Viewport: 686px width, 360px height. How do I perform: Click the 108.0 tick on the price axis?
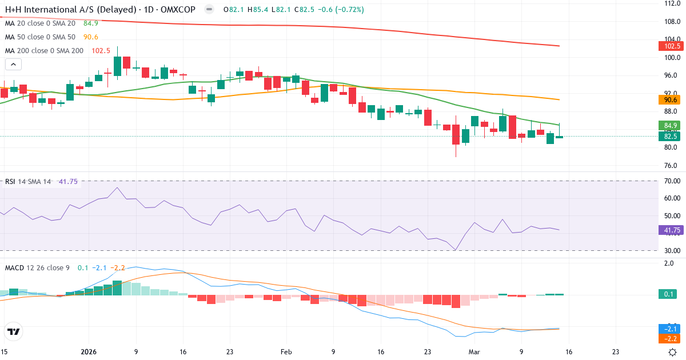(672, 21)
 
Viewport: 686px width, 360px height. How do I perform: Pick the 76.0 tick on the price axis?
(672, 166)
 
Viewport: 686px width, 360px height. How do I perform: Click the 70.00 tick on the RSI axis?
(672, 181)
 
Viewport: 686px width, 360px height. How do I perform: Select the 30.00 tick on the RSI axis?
(672, 250)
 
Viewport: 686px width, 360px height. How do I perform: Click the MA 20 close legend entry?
(40, 23)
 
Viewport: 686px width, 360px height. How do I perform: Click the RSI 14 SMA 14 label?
(28, 181)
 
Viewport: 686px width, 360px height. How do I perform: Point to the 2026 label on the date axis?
(89, 352)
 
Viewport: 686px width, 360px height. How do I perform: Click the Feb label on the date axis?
(285, 352)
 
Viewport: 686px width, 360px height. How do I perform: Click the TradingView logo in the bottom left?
(14, 331)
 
